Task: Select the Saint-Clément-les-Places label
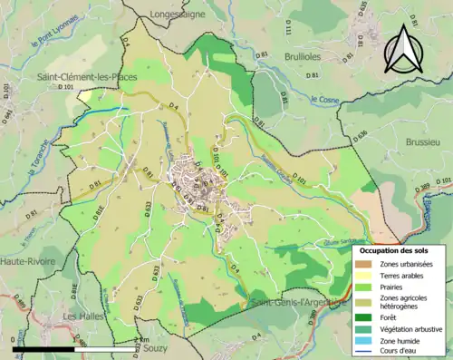coord(86,77)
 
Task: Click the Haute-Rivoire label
coord(27,260)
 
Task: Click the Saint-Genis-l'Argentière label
coord(299,302)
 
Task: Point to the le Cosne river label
coord(323,99)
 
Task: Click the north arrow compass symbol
coord(406,50)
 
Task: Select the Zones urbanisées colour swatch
coord(363,264)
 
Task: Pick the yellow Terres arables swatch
coord(363,276)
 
